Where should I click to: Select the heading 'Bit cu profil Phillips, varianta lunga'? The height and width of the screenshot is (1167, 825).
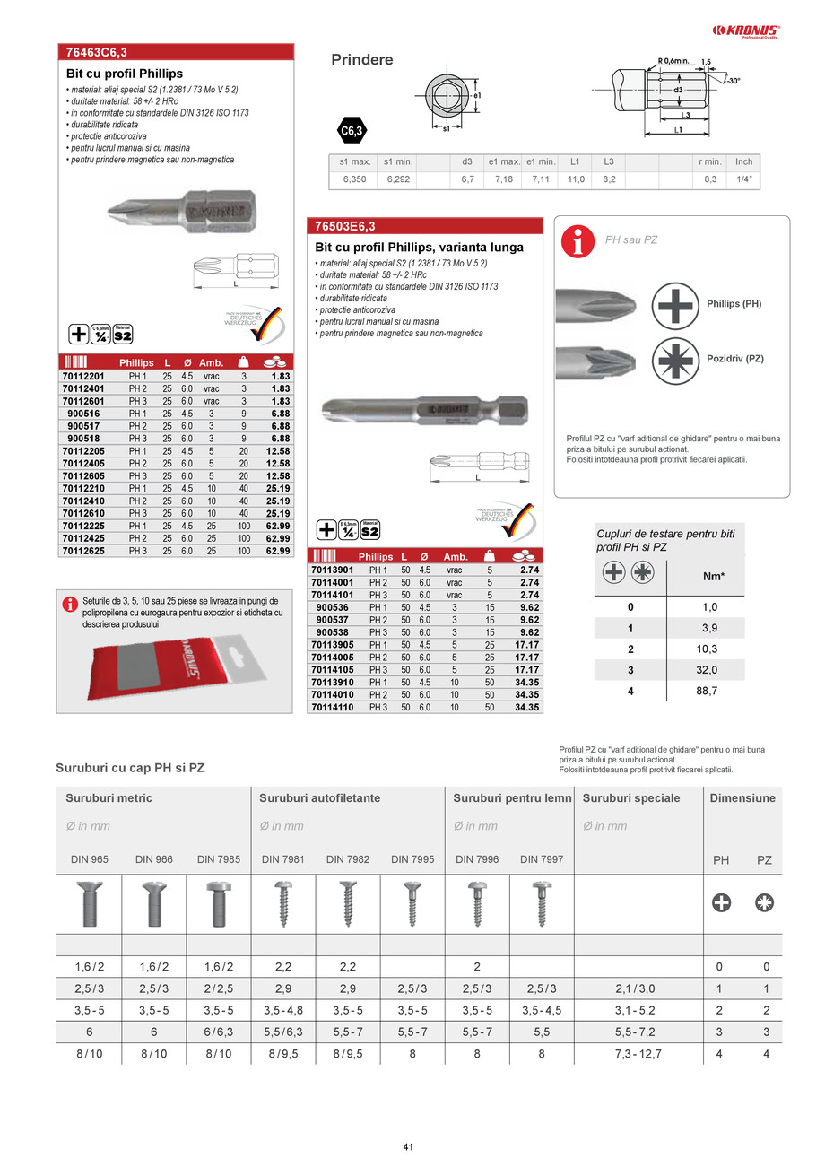419,247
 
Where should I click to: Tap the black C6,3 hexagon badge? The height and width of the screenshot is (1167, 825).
352,131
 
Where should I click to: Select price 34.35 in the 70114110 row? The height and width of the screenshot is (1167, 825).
526,707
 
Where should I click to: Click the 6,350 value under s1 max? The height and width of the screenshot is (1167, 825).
350,180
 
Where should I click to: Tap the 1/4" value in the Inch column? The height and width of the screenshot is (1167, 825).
743,180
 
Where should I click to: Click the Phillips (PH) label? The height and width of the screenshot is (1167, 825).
734,304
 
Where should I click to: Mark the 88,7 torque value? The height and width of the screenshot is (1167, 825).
709,692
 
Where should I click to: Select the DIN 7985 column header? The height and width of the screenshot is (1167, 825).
219,859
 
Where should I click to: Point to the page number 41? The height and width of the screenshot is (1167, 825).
408,1147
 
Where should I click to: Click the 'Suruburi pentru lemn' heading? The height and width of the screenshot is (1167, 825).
512,797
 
